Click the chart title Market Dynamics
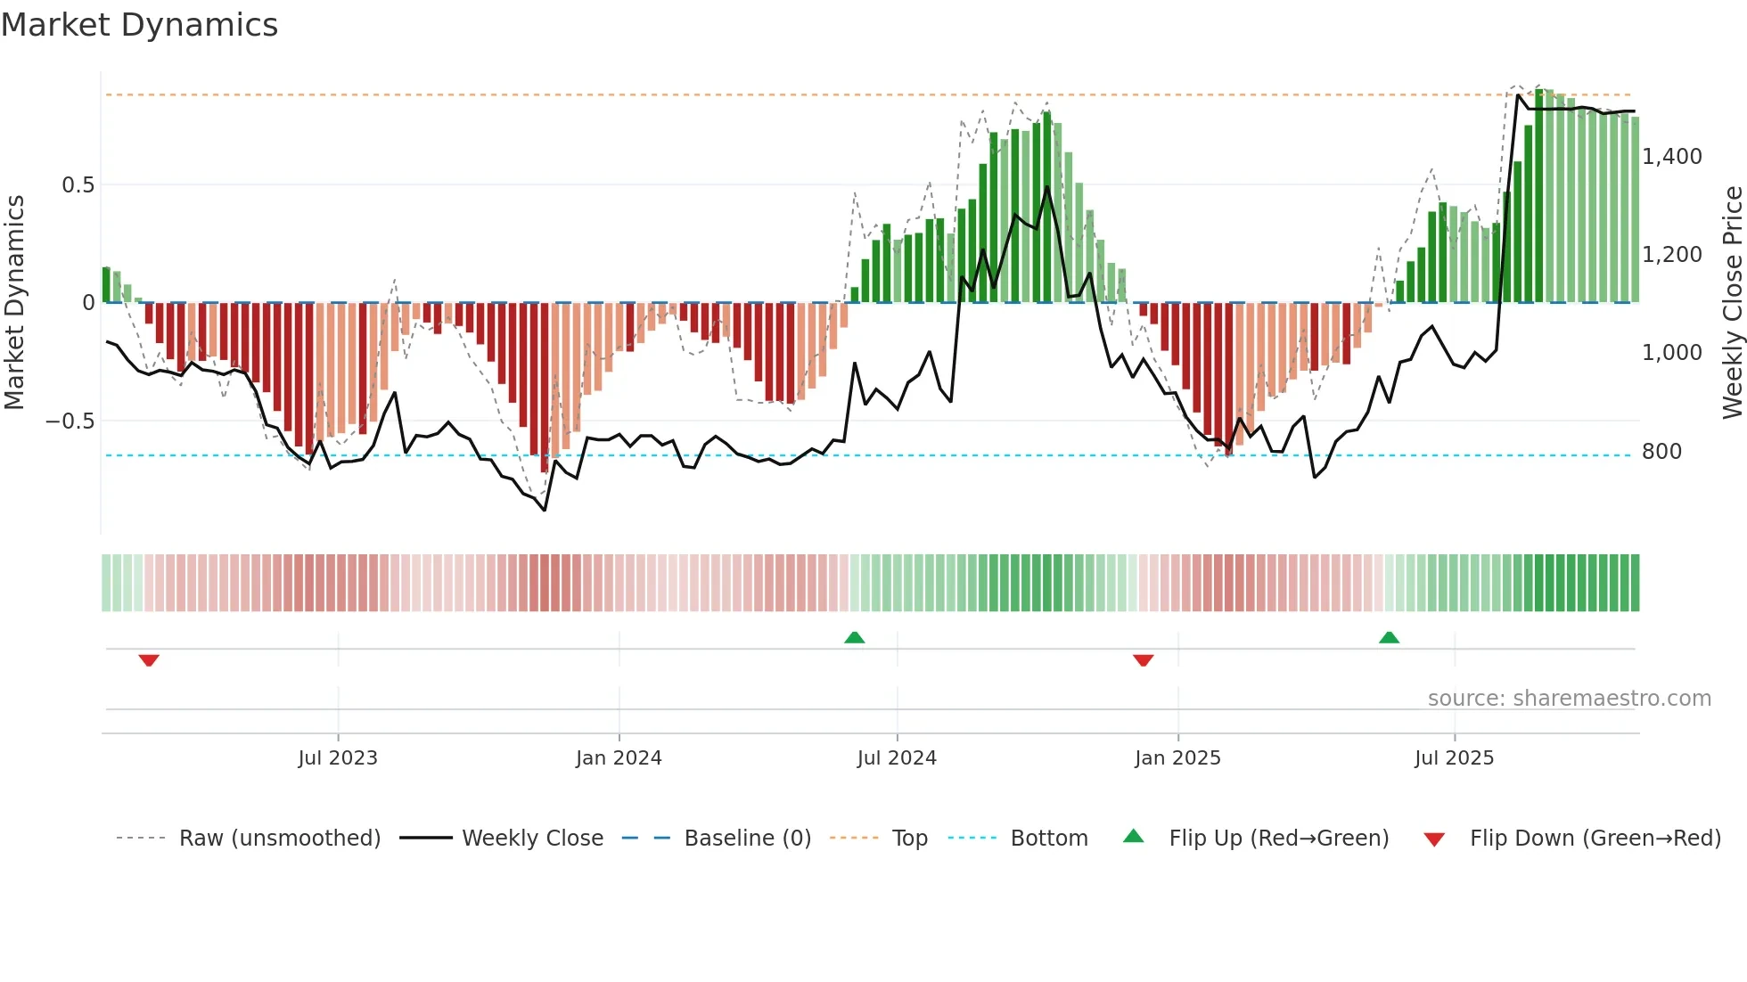click(139, 25)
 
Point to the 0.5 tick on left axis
click(78, 185)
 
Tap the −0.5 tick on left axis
click(70, 421)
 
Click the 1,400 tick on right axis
click(1671, 157)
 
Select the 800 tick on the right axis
click(1661, 452)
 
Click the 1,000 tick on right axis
click(1671, 353)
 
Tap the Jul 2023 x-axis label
click(338, 758)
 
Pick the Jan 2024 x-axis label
click(619, 758)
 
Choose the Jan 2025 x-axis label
click(1177, 758)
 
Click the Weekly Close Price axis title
click(1732, 303)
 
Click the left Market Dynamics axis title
click(14, 303)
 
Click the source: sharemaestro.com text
click(1569, 699)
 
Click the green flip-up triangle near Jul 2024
click(854, 637)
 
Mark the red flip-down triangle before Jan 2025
click(1143, 660)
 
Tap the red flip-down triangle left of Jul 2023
click(149, 660)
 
